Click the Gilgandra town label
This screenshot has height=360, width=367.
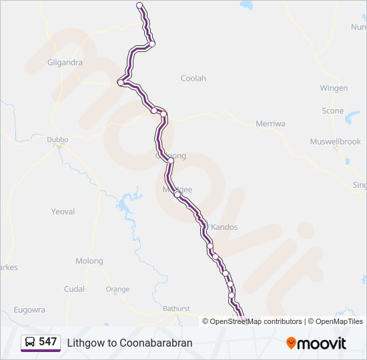(65, 63)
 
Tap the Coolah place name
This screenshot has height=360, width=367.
(194, 78)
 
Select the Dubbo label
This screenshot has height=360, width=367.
(57, 140)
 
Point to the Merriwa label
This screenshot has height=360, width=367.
(270, 123)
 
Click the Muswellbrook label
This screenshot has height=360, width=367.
(335, 142)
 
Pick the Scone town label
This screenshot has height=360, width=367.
(333, 111)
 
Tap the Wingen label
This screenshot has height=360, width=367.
(334, 88)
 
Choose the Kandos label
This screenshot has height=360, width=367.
(224, 227)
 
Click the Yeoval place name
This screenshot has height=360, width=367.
(63, 211)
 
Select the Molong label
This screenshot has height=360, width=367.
(89, 261)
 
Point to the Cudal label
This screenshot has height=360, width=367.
(74, 289)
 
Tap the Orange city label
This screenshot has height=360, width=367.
(117, 289)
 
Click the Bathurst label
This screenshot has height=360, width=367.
(177, 309)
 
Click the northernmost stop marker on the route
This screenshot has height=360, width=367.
(139, 5)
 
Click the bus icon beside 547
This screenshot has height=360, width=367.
(30, 342)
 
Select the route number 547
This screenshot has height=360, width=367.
(47, 342)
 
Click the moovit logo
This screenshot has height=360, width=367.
(316, 343)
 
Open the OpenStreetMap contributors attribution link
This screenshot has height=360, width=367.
(256, 321)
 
